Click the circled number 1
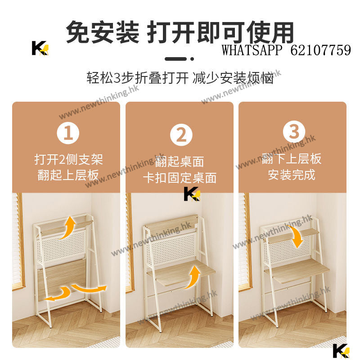pos(68,133)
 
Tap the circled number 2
pos(181,135)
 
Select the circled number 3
pos(294,131)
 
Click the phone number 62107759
pos(321,50)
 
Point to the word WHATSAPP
pos(252,50)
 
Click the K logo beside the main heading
pos(40,48)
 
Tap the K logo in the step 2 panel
pos(192,194)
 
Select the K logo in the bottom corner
pos(342,351)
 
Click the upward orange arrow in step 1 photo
pos(68,227)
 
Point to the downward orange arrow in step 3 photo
pos(296,237)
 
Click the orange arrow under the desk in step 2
pos(193,277)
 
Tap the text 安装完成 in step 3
pos(292,175)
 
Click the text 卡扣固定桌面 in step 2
pos(180,178)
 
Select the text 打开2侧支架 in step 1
pos(69,160)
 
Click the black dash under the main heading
pos(175,59)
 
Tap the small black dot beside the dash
pos(192,59)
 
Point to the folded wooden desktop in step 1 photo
pos(62,279)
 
